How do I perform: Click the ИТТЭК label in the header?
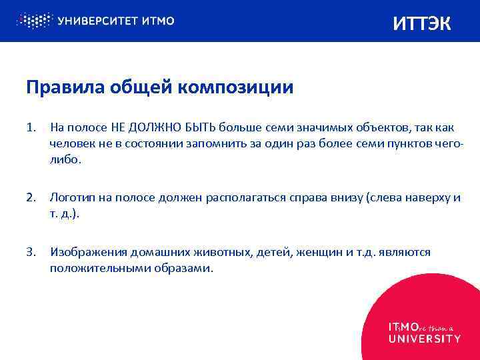[x=422, y=24]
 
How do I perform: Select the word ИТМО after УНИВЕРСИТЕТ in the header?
[x=158, y=21]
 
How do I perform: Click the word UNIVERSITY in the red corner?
[x=425, y=338]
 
